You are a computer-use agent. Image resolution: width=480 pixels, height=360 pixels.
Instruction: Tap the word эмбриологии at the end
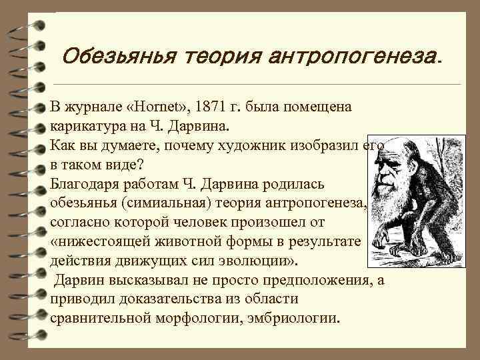click(297, 317)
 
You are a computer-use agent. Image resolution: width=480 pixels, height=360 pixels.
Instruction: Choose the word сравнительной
click(101, 317)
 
